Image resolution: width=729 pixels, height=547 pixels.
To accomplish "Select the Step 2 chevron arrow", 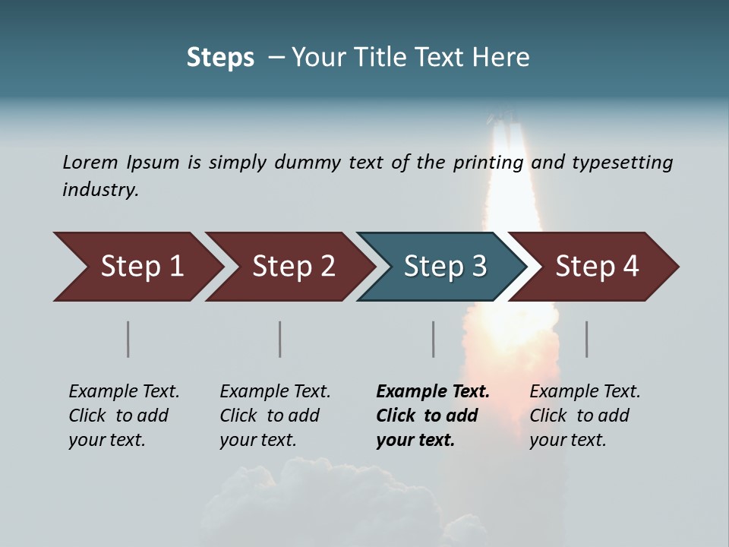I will [x=293, y=267].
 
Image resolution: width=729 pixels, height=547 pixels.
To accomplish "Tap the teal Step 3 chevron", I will [x=445, y=267].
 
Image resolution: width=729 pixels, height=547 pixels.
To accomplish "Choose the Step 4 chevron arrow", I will [x=597, y=267].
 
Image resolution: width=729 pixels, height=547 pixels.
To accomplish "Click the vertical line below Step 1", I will [x=128, y=339].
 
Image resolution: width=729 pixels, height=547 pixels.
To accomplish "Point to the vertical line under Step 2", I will [x=280, y=339].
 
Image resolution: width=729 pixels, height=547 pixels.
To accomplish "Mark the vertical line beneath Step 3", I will [x=434, y=339].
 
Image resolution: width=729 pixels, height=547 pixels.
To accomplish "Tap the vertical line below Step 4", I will [x=587, y=339].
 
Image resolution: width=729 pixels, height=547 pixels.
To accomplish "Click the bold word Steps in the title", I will [x=220, y=58].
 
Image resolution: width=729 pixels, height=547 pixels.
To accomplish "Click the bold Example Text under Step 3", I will [x=433, y=391].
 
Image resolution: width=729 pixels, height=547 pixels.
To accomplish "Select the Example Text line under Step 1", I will [x=124, y=391].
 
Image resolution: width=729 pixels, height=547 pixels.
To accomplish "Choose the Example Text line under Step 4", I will [x=585, y=391].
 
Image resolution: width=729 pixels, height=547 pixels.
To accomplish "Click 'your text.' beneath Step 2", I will [x=257, y=440].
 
